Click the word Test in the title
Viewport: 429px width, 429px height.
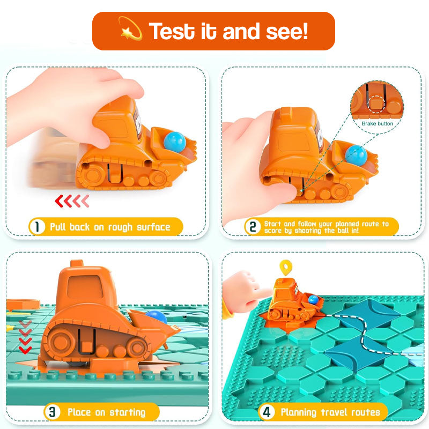click(x=172, y=31)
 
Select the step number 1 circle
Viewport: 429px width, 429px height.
click(x=37, y=226)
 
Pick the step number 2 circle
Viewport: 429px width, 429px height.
click(x=253, y=226)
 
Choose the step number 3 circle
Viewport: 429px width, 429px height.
click(x=52, y=412)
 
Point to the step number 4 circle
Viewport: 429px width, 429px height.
click(x=267, y=412)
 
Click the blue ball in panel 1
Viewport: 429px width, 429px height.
click(x=175, y=142)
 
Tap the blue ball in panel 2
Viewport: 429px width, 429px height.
click(x=356, y=156)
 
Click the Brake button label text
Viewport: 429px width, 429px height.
click(x=378, y=124)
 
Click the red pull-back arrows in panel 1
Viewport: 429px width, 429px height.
click(x=72, y=201)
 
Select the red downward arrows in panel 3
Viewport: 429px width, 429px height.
click(x=25, y=337)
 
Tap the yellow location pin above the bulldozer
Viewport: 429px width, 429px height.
click(x=286, y=267)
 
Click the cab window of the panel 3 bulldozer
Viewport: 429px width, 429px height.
click(x=85, y=287)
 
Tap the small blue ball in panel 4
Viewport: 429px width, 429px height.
click(x=313, y=300)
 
